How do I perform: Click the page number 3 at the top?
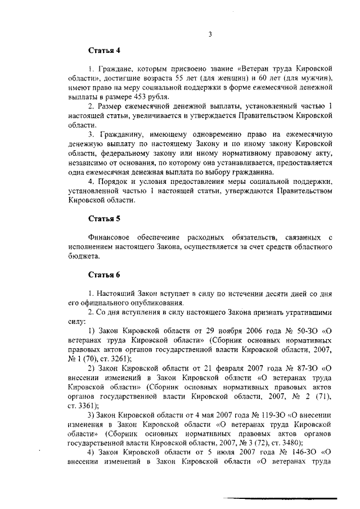click(x=209, y=34)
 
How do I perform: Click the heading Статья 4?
click(x=104, y=51)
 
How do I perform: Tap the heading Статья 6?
click(x=104, y=274)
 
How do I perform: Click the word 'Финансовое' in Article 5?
click(x=110, y=237)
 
